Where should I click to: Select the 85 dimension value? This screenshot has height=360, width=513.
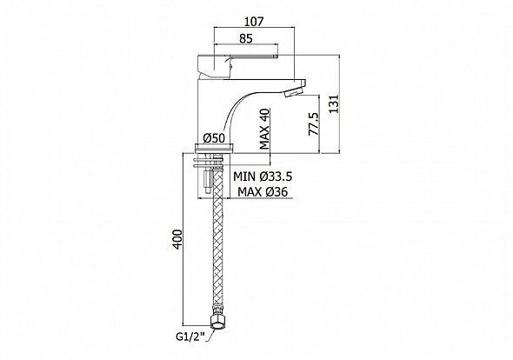247,38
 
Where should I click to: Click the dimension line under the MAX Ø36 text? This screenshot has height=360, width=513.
261,201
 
